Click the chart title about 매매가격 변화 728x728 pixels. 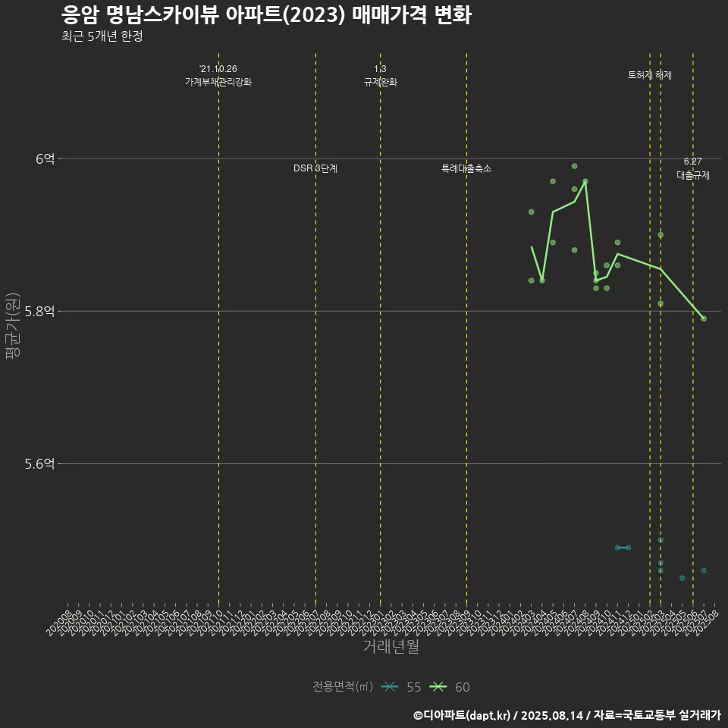coord(266,15)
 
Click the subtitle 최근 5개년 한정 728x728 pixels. coord(102,36)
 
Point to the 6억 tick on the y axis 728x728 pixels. coord(45,158)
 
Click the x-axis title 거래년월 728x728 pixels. coord(391,647)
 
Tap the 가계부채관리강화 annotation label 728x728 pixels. coord(218,81)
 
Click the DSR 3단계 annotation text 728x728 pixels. coord(315,168)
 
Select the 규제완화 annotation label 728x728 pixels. coord(380,81)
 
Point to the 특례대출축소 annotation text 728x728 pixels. coord(466,168)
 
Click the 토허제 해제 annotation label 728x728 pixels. coord(650,75)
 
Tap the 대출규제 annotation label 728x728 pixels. coord(693,175)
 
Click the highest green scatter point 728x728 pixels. coord(574,166)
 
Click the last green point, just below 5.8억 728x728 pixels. coord(704,318)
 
